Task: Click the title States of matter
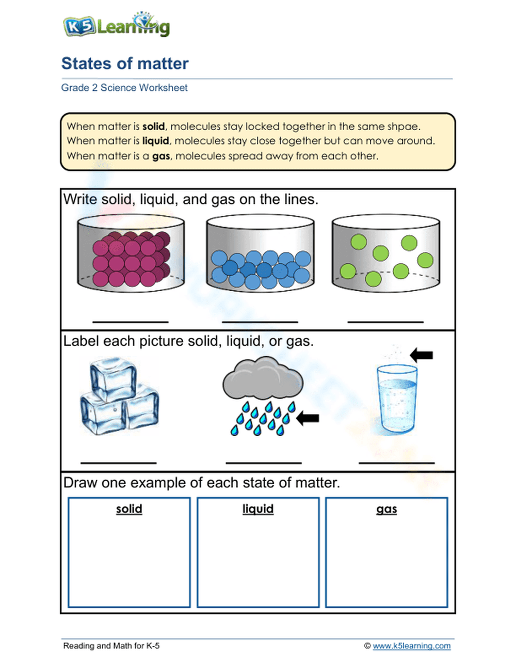tap(125, 63)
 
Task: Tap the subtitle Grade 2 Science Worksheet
tap(124, 88)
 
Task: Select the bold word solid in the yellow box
tap(153, 126)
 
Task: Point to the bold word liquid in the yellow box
tap(155, 141)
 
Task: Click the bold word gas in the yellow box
tap(161, 156)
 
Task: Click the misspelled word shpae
tap(406, 126)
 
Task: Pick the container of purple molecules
tap(131, 254)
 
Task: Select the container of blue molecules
tap(260, 254)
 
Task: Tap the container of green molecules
tap(385, 254)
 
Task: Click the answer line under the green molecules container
tap(385, 322)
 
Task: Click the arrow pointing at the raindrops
tap(308, 418)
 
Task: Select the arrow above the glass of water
tap(421, 355)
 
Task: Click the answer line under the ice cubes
tap(119, 462)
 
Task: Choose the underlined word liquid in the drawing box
tap(258, 509)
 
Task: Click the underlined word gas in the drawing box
tap(386, 509)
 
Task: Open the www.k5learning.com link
tap(411, 646)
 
